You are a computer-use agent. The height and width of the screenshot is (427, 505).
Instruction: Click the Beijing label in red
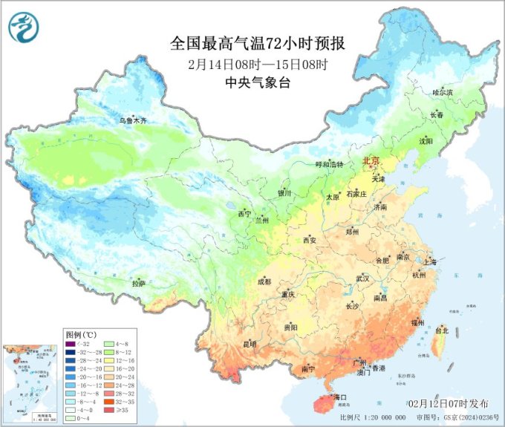[x=370, y=161]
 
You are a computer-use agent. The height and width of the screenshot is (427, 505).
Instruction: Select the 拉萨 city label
[x=139, y=283]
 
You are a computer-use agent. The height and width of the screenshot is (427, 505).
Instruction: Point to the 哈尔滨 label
[x=443, y=93]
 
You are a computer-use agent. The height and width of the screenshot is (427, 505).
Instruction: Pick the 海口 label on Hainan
[x=341, y=397]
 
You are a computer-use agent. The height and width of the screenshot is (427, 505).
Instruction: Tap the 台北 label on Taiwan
[x=443, y=330]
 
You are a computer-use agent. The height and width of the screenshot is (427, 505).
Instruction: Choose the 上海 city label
[x=429, y=261]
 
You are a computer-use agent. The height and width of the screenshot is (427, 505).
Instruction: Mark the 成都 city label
[x=264, y=282]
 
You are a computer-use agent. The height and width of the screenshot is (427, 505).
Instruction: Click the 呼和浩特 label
[x=330, y=164]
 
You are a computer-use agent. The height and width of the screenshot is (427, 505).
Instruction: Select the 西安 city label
[x=310, y=240]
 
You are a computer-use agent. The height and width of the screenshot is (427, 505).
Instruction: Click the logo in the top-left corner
[x=23, y=27]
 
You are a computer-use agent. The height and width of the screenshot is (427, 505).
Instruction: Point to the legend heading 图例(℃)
[x=82, y=333]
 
